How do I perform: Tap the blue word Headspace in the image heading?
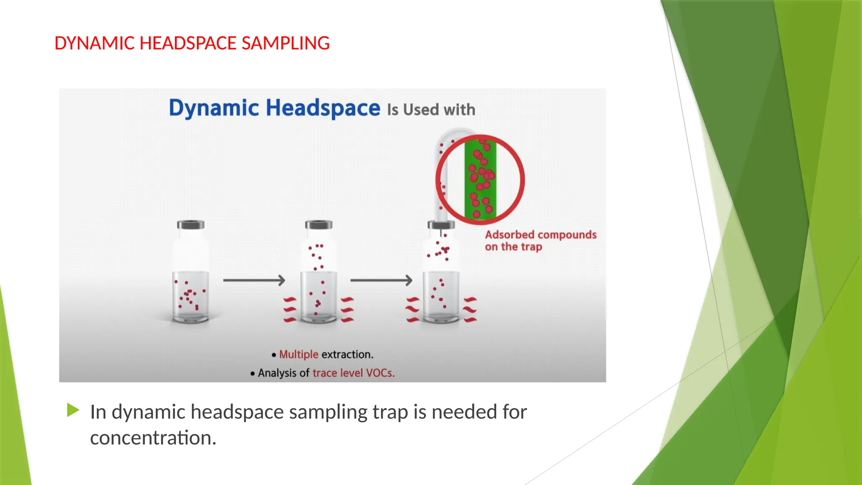coord(323,108)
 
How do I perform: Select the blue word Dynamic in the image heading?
coord(214,108)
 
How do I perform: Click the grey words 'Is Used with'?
coord(431,110)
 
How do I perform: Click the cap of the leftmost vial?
coord(191,225)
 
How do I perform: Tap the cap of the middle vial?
coord(319,225)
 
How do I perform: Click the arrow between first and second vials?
coord(254,280)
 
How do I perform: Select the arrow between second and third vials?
coord(381,280)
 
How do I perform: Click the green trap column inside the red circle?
coord(480,179)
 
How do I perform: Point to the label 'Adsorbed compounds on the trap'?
coord(540,240)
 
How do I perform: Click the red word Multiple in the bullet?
coord(298,354)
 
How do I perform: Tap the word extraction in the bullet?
coord(347,354)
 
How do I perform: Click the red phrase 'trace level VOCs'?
coord(353,373)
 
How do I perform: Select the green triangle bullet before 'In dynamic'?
coord(73,410)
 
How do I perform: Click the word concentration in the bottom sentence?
coord(153,438)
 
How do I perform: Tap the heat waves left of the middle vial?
coord(290,309)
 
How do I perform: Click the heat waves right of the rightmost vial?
coord(470,309)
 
